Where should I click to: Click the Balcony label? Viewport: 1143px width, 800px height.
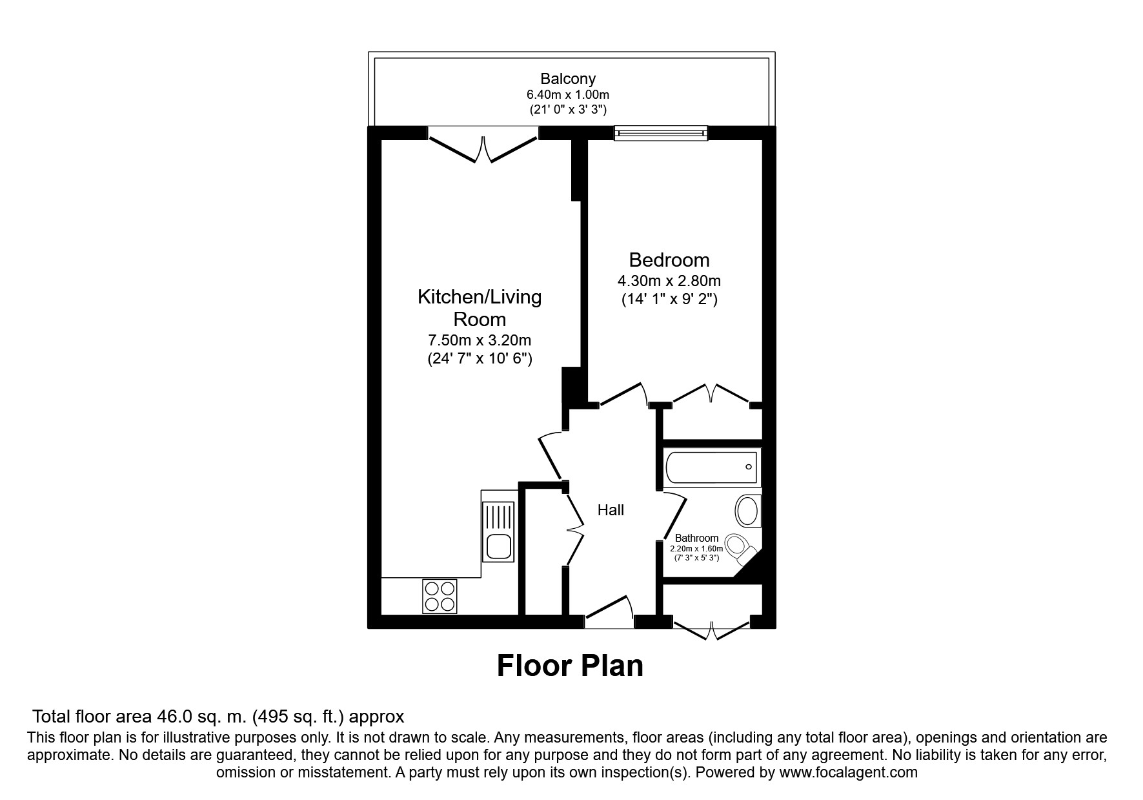pos(568,79)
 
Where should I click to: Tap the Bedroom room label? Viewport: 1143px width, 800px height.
pos(669,260)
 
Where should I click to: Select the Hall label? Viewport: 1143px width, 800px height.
pos(611,510)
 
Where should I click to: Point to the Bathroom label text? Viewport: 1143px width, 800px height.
pos(696,538)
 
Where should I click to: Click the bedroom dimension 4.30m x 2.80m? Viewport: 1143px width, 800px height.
pos(669,281)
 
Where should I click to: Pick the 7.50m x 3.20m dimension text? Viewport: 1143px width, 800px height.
pos(480,340)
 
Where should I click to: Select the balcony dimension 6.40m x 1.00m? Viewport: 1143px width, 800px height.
pos(568,95)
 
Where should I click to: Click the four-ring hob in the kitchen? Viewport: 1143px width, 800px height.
pos(440,596)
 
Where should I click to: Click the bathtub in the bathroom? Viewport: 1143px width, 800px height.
pos(712,467)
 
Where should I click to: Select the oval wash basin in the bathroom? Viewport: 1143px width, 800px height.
pos(748,511)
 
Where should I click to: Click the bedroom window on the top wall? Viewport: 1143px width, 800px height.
pos(660,133)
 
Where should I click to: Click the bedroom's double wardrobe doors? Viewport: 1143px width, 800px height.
pos(711,395)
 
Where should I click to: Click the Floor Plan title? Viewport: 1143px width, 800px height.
pos(570,666)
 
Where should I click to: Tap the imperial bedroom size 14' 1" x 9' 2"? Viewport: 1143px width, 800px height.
pos(669,300)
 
